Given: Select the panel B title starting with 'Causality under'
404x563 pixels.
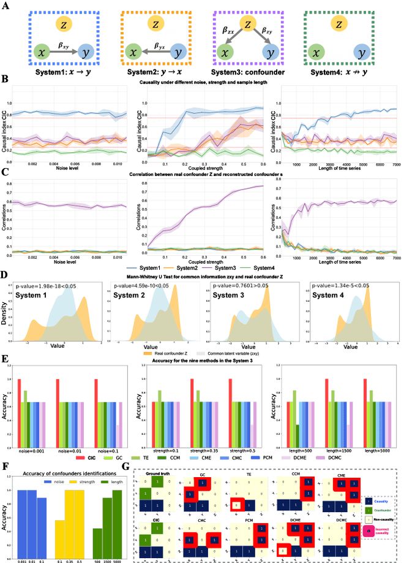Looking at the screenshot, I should coord(201,82).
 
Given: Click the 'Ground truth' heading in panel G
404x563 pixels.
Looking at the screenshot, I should coord(152,475).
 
